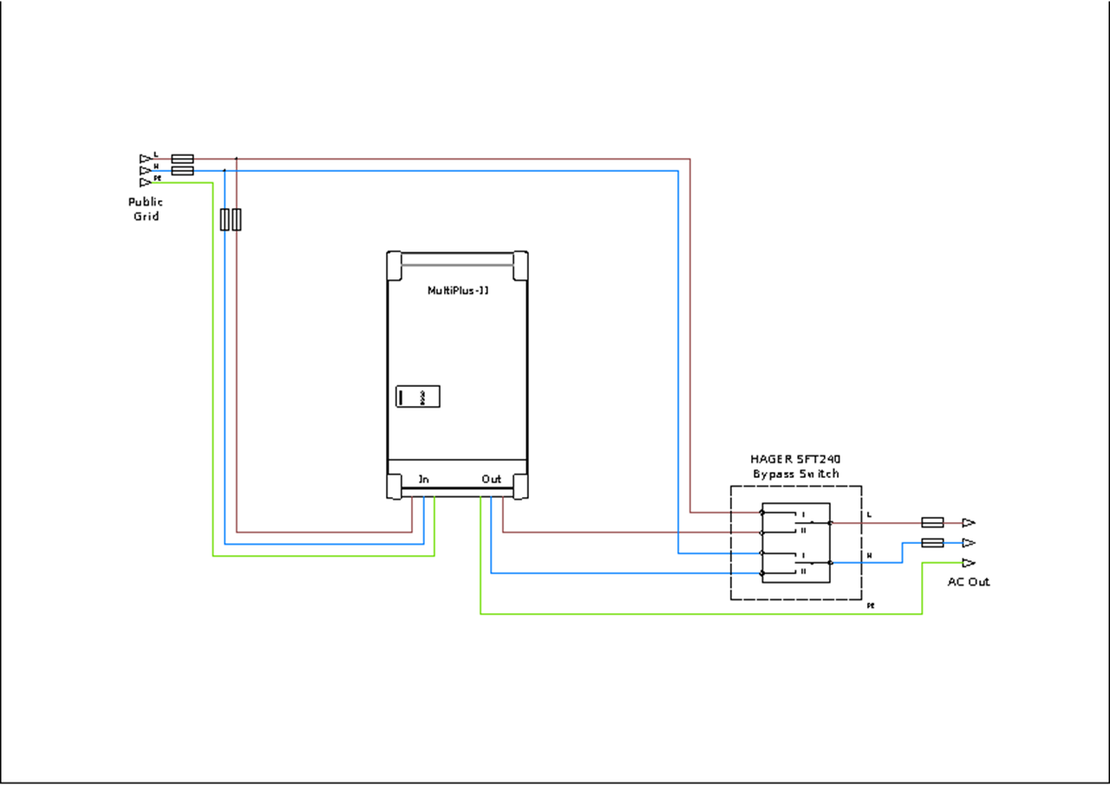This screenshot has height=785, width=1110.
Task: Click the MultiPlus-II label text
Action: pyautogui.click(x=459, y=291)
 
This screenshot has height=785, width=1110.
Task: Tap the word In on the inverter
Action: pyautogui.click(x=423, y=479)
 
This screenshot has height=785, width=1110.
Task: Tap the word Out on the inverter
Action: pyautogui.click(x=491, y=479)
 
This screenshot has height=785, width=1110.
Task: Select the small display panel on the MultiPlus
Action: pyautogui.click(x=418, y=396)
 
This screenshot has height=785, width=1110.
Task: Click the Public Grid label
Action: pyautogui.click(x=146, y=209)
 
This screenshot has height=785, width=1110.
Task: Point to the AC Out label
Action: pyautogui.click(x=969, y=581)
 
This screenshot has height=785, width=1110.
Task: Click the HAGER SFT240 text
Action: pyautogui.click(x=796, y=459)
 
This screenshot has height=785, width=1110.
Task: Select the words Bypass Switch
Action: pyautogui.click(x=796, y=474)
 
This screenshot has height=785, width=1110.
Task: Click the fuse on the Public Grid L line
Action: pyautogui.click(x=182, y=159)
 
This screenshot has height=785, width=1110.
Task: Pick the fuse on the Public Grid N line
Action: pyautogui.click(x=182, y=171)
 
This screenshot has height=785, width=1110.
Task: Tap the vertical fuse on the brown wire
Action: pyautogui.click(x=237, y=219)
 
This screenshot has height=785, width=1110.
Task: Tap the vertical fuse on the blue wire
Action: pyautogui.click(x=225, y=219)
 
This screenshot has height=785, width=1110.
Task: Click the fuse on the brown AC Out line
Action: pyautogui.click(x=932, y=523)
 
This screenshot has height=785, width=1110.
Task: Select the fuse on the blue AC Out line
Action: pyautogui.click(x=932, y=543)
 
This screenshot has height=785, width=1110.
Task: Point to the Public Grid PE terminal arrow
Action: pyautogui.click(x=145, y=183)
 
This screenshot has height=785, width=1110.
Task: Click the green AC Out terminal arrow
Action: pyautogui.click(x=969, y=562)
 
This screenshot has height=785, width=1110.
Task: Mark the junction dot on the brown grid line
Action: pyautogui.click(x=237, y=159)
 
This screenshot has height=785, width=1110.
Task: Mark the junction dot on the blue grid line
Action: pyautogui.click(x=225, y=171)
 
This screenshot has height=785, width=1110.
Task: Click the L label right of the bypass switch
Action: pyautogui.click(x=870, y=515)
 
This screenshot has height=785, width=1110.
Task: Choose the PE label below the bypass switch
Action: pyautogui.click(x=870, y=605)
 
